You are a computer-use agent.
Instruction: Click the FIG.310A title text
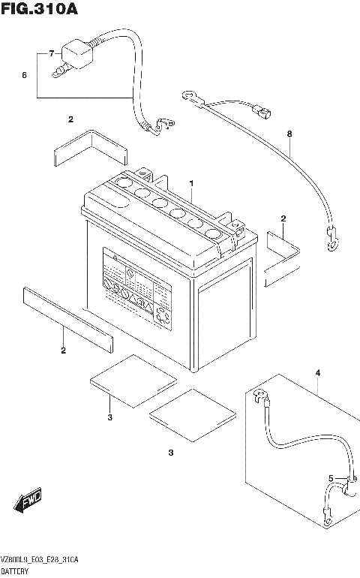point(39,10)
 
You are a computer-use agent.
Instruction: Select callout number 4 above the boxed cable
point(317,373)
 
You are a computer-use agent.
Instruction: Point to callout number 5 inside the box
point(330,478)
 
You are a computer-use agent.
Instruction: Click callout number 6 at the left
point(24,76)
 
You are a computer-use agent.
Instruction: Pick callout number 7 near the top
point(51,54)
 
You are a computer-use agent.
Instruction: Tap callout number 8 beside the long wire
point(289,134)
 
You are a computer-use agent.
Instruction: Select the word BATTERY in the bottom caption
point(19,572)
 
